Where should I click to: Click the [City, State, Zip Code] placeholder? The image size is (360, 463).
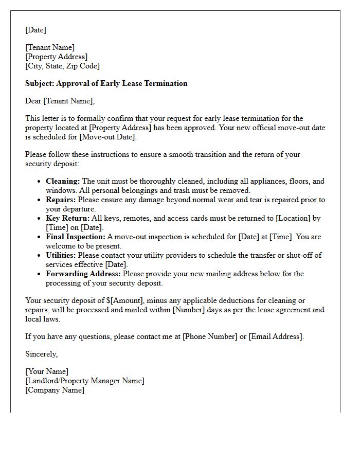click(x=62, y=66)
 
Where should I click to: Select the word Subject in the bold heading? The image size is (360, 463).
click(x=40, y=83)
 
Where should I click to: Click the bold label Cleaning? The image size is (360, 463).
click(x=63, y=181)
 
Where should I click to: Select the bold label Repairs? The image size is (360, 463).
click(x=61, y=200)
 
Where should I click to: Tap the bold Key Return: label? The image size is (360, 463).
click(x=67, y=218)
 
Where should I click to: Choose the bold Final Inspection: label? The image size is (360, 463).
click(x=75, y=237)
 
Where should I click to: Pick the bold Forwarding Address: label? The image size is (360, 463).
click(x=83, y=274)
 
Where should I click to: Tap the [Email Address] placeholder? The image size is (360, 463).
click(x=276, y=336)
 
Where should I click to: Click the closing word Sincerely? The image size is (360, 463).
click(x=41, y=354)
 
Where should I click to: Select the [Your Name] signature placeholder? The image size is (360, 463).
click(x=47, y=371)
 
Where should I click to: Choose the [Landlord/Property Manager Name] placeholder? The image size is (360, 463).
click(x=85, y=381)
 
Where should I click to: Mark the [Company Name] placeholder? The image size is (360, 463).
click(x=55, y=390)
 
